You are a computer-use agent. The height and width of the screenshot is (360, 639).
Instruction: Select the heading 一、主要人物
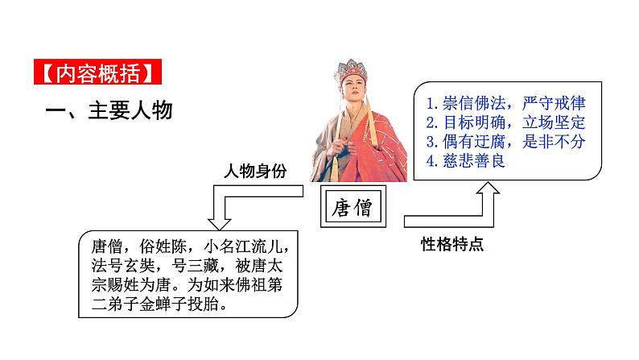pos(109,109)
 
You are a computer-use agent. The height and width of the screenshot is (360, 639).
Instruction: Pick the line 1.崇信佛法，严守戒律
pos(506,105)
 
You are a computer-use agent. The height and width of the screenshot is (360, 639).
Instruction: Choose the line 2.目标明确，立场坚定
pos(506,123)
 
